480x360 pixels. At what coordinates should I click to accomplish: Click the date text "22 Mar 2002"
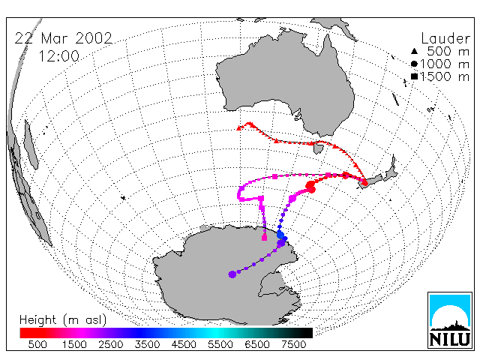pyautogui.click(x=63, y=38)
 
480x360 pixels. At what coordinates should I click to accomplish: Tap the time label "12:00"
pyautogui.click(x=58, y=56)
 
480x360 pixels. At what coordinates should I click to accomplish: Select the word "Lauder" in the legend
pyautogui.click(x=445, y=39)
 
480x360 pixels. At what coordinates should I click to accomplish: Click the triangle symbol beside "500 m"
pyautogui.click(x=414, y=51)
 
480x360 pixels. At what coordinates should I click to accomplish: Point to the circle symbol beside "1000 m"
pyautogui.click(x=414, y=64)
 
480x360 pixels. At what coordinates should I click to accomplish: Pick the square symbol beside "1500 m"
pyautogui.click(x=414, y=76)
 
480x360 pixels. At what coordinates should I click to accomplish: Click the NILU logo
pyautogui.click(x=450, y=320)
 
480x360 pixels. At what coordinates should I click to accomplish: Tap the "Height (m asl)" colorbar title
pyautogui.click(x=63, y=320)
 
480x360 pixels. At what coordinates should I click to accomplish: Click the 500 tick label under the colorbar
pyautogui.click(x=37, y=345)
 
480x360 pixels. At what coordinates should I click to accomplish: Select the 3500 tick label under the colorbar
pyautogui.click(x=147, y=345)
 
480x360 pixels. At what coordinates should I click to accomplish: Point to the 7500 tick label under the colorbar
pyautogui.click(x=293, y=345)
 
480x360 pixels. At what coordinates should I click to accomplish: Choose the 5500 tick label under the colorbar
pyautogui.click(x=220, y=345)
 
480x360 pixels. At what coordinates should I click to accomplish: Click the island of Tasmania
pyautogui.click(x=319, y=148)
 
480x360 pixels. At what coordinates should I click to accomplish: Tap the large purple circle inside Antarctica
pyautogui.click(x=232, y=274)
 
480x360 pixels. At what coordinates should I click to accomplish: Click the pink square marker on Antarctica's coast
pyautogui.click(x=265, y=238)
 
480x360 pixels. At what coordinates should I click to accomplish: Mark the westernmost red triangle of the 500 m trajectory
pyautogui.click(x=239, y=128)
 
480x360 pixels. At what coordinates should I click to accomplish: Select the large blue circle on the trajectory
pyautogui.click(x=280, y=235)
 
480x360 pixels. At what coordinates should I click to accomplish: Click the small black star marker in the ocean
pyautogui.click(x=123, y=198)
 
